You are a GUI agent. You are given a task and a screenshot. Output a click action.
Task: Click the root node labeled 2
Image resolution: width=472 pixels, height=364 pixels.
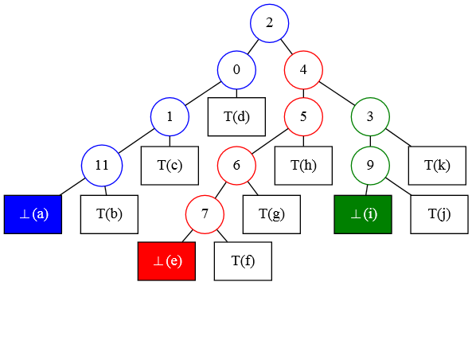coord(269,23)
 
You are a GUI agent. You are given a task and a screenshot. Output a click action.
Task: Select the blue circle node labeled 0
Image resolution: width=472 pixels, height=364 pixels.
coord(236,70)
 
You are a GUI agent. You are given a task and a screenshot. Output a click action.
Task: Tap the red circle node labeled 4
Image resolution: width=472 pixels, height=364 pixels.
coord(303,70)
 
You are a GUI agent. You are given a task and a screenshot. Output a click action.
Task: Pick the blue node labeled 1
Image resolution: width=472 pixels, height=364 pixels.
coord(170,116)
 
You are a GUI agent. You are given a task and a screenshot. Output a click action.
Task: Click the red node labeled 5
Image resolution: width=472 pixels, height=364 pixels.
coord(303,116)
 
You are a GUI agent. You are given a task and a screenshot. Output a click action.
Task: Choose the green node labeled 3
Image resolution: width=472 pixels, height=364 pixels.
coord(370,116)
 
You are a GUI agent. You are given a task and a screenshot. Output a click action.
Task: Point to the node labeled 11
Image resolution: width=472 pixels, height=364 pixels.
coord(102,166)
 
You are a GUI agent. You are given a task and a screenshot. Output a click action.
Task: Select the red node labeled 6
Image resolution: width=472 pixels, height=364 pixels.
coord(236,166)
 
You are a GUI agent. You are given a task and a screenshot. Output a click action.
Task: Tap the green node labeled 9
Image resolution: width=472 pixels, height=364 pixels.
coord(370,166)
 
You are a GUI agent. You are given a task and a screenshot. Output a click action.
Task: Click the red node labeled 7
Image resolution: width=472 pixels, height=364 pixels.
coord(205,214)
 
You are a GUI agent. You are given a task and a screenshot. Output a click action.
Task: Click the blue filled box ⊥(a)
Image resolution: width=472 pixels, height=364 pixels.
coord(33,214)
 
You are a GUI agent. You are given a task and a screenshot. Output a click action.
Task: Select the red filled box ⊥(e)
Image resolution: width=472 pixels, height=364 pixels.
coord(166,261)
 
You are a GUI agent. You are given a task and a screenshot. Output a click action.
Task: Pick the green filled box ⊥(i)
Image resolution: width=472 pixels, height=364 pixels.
coord(363,214)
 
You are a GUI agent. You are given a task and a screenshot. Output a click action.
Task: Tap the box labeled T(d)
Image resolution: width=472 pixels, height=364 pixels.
coord(236,116)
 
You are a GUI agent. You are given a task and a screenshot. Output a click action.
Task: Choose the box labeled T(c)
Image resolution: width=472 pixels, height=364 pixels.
coord(170,166)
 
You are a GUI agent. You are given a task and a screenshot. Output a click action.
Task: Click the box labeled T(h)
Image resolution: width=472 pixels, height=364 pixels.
coord(303,166)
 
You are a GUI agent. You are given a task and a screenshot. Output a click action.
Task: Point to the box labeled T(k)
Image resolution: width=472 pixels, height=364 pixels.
coord(437,166)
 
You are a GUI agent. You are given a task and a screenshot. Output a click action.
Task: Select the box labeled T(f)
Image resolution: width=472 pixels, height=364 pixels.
coord(243,261)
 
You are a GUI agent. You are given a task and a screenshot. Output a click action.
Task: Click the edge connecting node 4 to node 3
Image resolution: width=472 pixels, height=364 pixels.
coord(337,93)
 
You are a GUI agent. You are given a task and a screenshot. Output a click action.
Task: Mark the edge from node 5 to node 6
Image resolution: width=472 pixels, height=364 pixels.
coord(270,141)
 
